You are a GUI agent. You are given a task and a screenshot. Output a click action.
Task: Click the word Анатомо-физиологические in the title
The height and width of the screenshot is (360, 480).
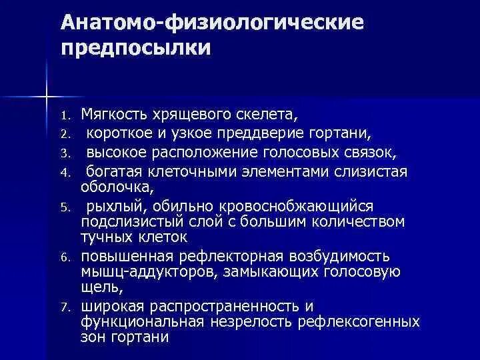212,23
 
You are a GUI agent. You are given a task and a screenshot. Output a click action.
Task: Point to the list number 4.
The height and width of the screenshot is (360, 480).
65,173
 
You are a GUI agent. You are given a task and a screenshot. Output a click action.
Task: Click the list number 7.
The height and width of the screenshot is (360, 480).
65,307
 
